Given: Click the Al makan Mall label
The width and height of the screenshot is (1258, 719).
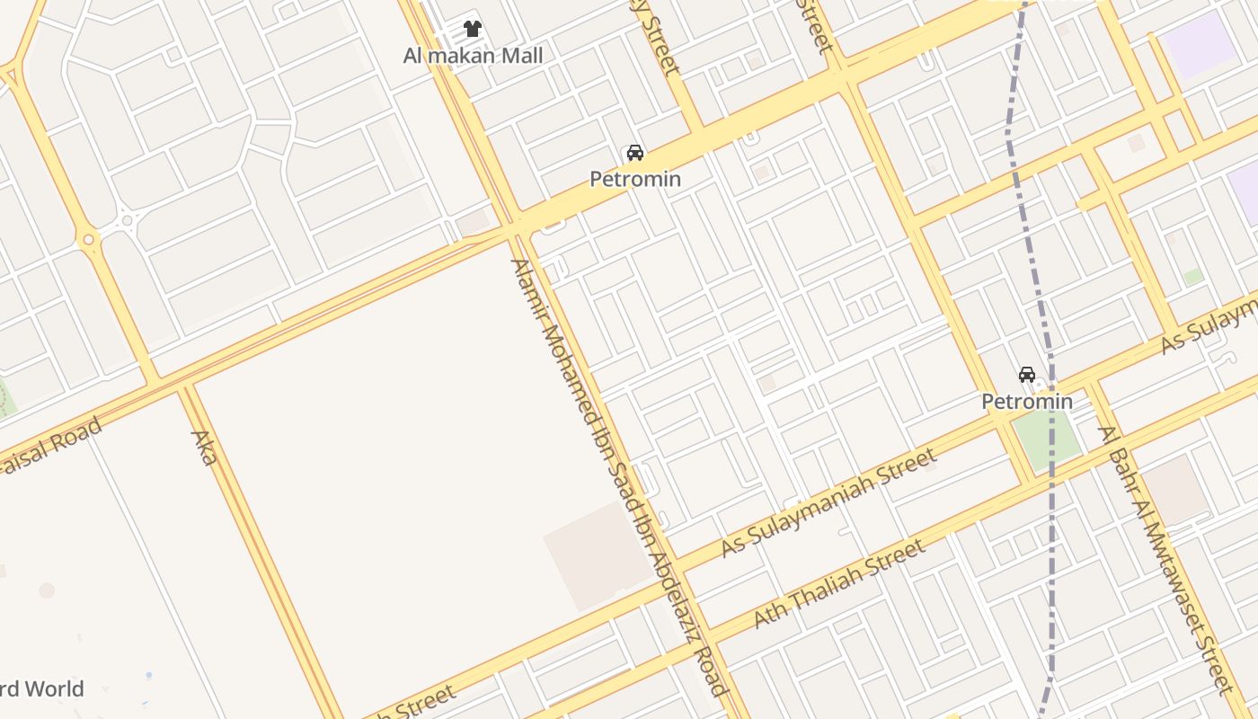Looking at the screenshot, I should pos(473,56).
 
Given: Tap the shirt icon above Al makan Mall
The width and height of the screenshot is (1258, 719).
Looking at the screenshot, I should pos(473,29).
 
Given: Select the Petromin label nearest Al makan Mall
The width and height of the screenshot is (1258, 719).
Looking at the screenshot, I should pos(635,179).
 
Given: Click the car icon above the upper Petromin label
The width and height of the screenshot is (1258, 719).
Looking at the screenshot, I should pos(635,153).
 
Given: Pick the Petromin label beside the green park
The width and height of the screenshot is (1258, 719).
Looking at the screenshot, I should pos(1027,401).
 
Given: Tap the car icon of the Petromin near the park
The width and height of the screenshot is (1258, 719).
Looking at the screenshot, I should pos(1027,374).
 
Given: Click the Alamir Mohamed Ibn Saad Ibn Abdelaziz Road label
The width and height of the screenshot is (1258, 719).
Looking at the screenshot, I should pos(617,476).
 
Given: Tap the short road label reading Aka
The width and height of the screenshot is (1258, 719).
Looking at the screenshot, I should pos(205,448).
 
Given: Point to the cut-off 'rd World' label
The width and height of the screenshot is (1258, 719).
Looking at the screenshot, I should pos(41,689).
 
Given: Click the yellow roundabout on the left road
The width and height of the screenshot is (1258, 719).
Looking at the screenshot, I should pos(88,240).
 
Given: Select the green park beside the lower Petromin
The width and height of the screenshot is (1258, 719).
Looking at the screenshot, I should pos(1048,439).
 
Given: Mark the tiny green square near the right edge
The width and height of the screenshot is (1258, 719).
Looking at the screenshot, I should pos(1193,277).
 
